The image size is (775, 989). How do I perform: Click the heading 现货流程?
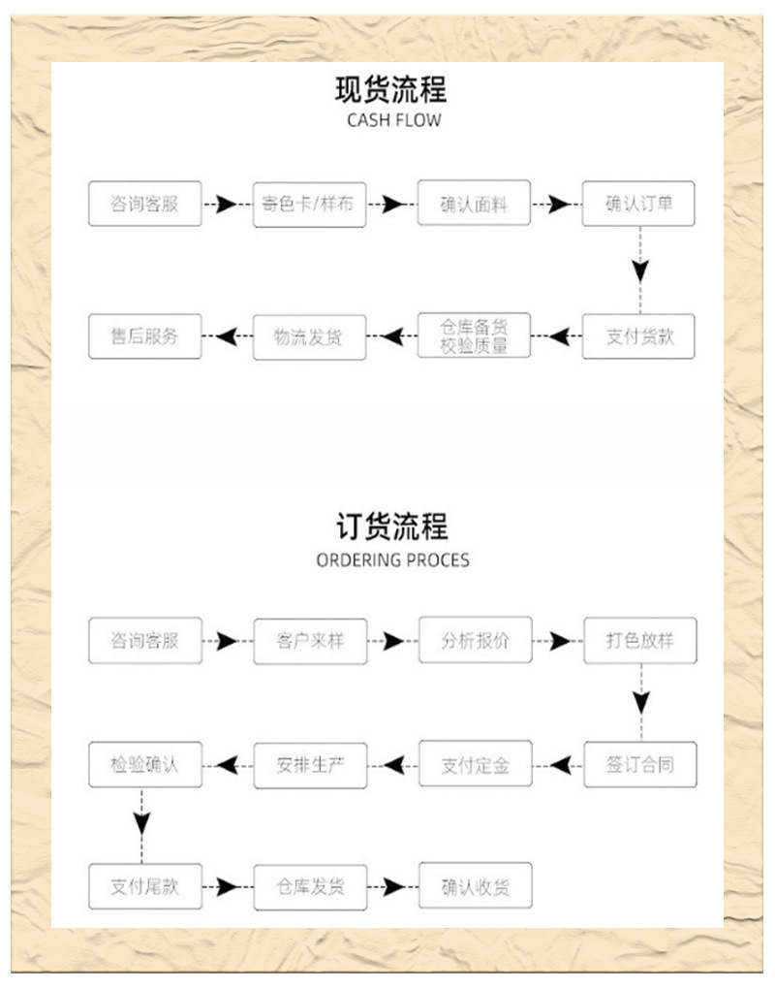point(390,90)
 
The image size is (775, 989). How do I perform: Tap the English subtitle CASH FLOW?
point(392,121)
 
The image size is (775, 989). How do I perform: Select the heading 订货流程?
point(391,527)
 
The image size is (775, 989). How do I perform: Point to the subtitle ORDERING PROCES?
point(392,560)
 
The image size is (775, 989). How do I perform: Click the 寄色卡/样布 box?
point(309,205)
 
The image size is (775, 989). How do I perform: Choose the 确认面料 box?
point(474,205)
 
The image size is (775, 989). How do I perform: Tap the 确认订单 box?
point(638,205)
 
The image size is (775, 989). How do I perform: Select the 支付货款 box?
point(638,336)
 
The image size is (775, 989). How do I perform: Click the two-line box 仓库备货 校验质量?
point(474,336)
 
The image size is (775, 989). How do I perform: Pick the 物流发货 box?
point(309,336)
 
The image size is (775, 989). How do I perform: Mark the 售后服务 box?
point(144,336)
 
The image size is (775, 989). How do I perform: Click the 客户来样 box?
point(310,641)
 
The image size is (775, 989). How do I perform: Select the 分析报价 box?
point(475,641)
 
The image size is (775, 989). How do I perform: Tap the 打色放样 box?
point(639,641)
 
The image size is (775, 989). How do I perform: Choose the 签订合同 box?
point(639,764)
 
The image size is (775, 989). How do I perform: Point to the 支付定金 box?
point(475,764)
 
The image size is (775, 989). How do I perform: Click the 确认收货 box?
point(475,886)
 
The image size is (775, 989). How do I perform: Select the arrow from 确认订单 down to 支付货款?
point(638,269)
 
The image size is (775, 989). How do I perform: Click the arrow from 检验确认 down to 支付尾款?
point(143,823)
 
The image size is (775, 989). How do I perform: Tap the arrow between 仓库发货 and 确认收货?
point(391,886)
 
